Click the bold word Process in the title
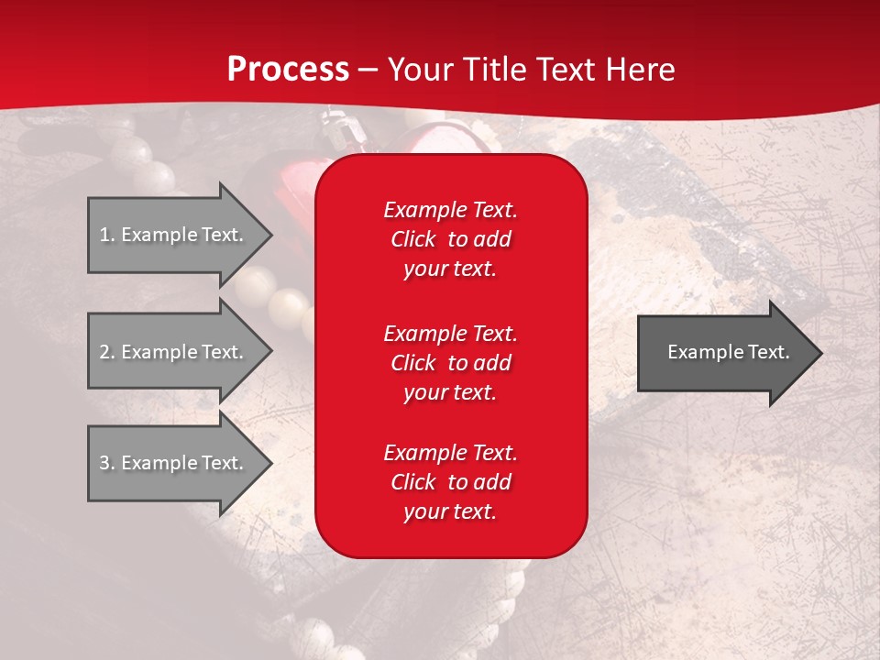pyautogui.click(x=288, y=70)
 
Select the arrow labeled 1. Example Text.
pyautogui.click(x=174, y=235)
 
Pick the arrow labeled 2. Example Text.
pyautogui.click(x=174, y=352)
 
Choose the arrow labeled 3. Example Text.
pyautogui.click(x=174, y=463)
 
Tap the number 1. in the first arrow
pyautogui.click(x=106, y=235)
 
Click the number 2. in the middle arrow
pyautogui.click(x=106, y=352)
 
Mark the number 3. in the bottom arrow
pyautogui.click(x=106, y=463)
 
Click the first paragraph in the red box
pyautogui.click(x=450, y=239)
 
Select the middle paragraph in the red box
pyautogui.click(x=450, y=363)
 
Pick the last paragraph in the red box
pyautogui.click(x=450, y=482)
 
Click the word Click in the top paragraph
pyautogui.click(x=412, y=239)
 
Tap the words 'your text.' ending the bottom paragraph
pyautogui.click(x=450, y=512)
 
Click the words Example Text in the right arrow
pyautogui.click(x=728, y=352)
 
